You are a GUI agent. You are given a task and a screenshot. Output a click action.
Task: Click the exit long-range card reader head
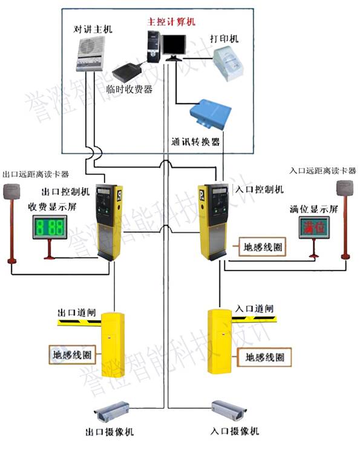click(11, 192)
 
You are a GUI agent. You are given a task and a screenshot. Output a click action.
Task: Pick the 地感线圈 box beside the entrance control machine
click(262, 247)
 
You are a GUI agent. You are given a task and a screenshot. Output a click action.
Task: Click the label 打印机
click(224, 39)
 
